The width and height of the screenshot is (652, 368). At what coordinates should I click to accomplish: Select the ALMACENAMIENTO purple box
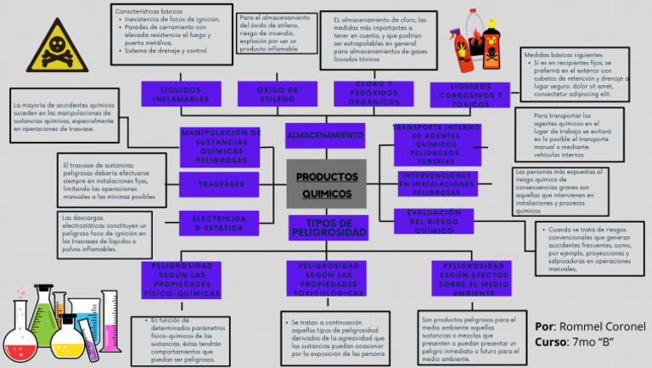pos(324,136)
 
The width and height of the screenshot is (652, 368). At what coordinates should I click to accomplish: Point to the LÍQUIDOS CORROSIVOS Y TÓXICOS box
pos(470,93)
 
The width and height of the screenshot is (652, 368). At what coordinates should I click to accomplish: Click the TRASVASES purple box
pos(221,184)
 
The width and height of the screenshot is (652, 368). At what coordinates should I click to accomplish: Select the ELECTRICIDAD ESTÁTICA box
pos(221,223)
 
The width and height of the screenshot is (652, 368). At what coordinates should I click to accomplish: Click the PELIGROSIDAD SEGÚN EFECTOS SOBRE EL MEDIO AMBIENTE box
pos(475,279)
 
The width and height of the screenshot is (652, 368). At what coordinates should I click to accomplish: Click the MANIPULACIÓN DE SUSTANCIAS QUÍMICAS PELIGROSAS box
pos(221,146)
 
